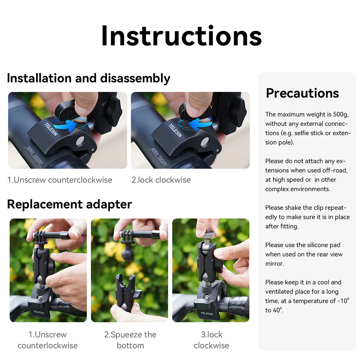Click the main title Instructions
pos(181,36)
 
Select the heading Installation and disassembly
pos(88,78)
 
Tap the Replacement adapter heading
pos(69,204)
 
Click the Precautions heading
pos(302,93)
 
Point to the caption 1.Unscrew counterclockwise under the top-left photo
pos(60,180)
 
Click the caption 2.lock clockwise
pos(161,180)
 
